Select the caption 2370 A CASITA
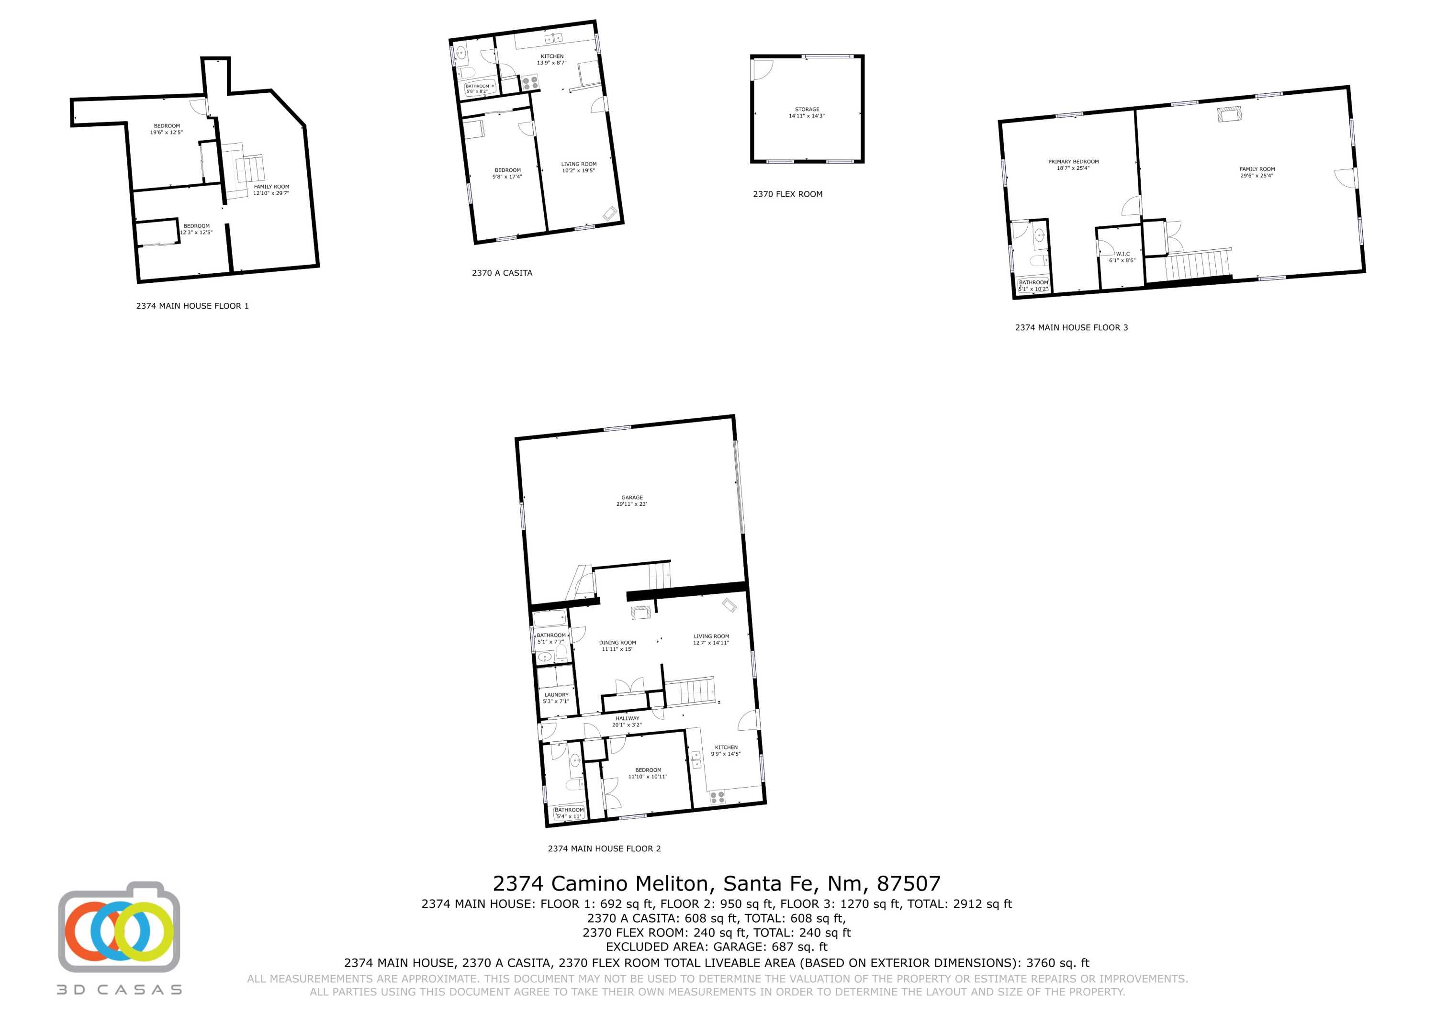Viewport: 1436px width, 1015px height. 502,273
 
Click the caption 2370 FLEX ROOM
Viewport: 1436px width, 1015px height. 787,194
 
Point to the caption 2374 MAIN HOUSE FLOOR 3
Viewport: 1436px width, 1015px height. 1071,327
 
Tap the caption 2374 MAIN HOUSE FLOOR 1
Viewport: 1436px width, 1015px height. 192,306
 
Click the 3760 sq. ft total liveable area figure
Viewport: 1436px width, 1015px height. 1057,963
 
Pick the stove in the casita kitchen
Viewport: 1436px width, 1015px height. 530,82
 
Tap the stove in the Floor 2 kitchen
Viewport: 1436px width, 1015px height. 718,797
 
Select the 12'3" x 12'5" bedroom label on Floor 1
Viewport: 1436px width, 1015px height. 196,229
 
